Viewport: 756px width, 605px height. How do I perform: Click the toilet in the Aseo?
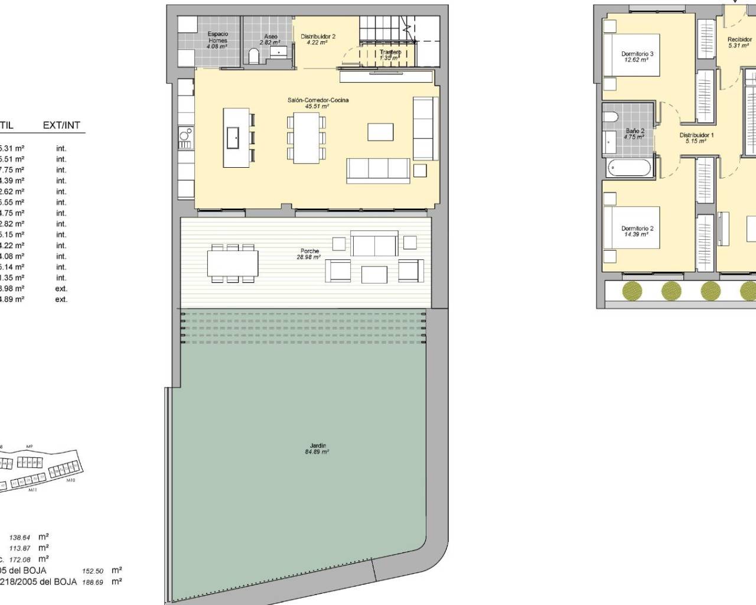coord(255,56)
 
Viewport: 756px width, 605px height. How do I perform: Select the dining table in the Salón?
coord(306,137)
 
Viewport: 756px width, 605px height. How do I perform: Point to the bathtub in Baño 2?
coord(630,167)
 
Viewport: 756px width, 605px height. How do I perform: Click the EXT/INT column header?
coord(61,125)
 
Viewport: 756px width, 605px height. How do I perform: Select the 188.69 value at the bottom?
coord(93,582)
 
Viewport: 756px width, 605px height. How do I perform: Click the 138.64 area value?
coord(19,538)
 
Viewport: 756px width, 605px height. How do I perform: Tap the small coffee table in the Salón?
coord(380,131)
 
